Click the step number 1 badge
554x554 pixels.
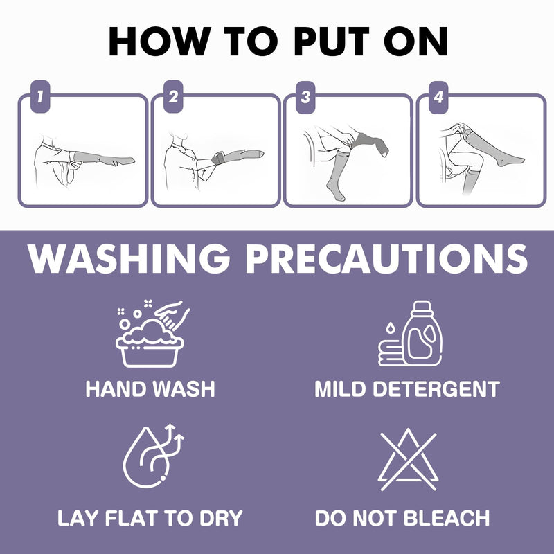coord(40,97)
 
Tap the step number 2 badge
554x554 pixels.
coord(173,97)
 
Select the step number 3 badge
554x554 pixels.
coord(305,98)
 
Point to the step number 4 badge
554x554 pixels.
coord(438,98)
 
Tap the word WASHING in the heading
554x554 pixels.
coord(129,258)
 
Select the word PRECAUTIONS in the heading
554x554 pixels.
coord(386,258)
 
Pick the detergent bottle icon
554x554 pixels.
coord(422,334)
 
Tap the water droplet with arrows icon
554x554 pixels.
coord(153,456)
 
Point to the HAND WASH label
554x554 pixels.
coord(150,389)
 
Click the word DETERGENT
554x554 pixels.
coord(436,389)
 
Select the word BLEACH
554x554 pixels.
coord(447,518)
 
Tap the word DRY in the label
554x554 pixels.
coord(221,518)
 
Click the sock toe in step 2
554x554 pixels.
coord(260,154)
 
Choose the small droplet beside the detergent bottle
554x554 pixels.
coord(390,328)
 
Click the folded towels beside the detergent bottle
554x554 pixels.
coord(391,353)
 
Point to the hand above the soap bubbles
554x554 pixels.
coord(173,312)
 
